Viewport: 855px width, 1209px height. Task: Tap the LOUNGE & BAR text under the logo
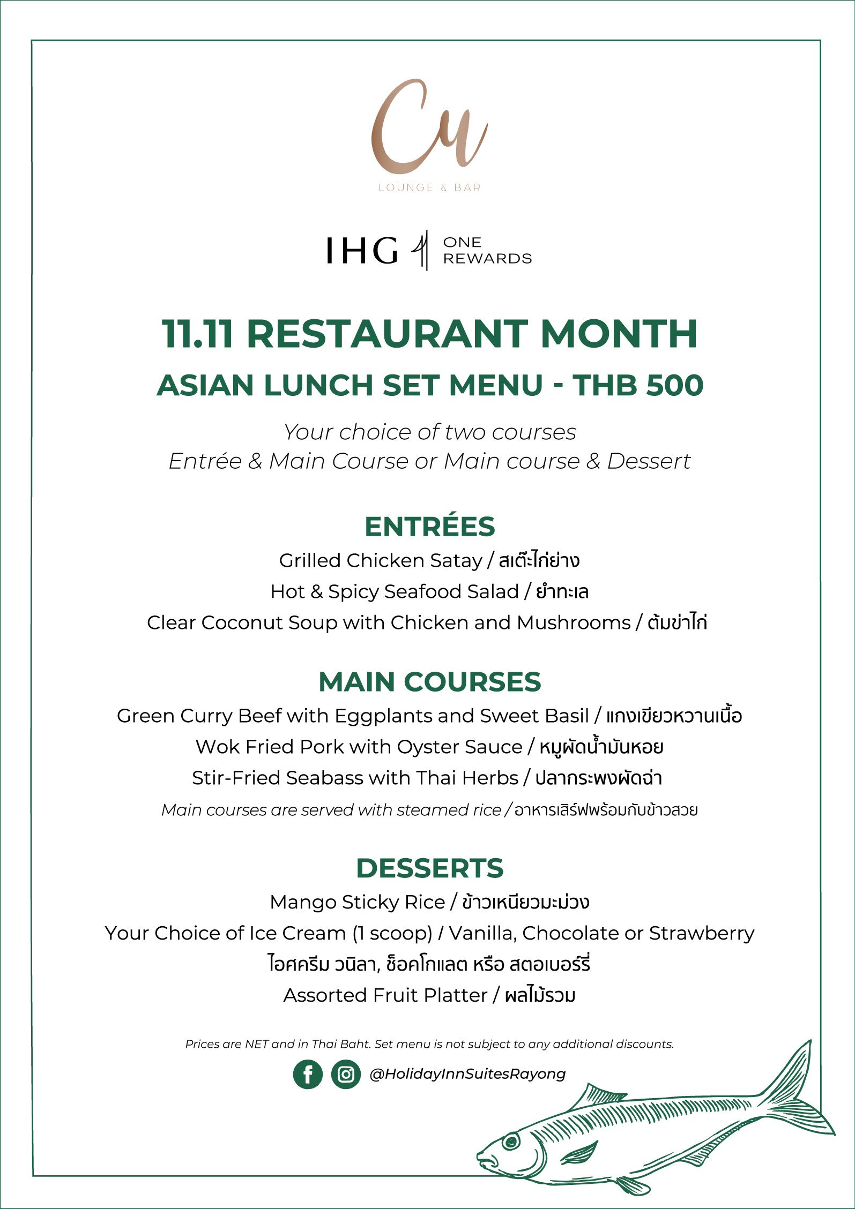(x=429, y=187)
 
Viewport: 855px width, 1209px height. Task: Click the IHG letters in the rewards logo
(x=362, y=250)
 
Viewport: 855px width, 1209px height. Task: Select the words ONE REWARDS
(x=487, y=250)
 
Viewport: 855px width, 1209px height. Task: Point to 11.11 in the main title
(x=197, y=334)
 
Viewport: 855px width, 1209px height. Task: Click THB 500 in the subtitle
(x=637, y=385)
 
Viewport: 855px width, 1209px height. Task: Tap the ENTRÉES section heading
(x=429, y=527)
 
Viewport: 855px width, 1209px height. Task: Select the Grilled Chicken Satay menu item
(x=380, y=560)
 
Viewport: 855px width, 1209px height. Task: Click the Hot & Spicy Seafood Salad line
(x=394, y=591)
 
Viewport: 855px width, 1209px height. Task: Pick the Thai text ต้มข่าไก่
(x=677, y=622)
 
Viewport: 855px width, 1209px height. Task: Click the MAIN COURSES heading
(x=429, y=682)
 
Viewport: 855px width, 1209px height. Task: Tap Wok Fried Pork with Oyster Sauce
(x=359, y=747)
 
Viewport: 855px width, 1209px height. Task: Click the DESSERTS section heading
(x=429, y=868)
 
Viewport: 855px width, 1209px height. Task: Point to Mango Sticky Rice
(x=357, y=902)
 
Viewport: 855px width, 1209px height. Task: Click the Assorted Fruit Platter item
(x=385, y=995)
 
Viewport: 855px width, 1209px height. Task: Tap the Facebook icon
(x=308, y=1074)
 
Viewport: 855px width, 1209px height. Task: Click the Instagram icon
(x=346, y=1074)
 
